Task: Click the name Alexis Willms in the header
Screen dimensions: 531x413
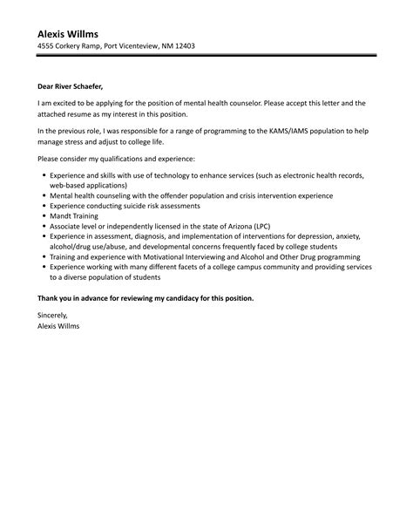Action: (x=73, y=32)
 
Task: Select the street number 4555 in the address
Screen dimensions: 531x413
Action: (x=47, y=46)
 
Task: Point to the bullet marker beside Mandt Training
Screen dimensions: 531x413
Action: (x=44, y=214)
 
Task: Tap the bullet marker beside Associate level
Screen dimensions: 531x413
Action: (x=44, y=225)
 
